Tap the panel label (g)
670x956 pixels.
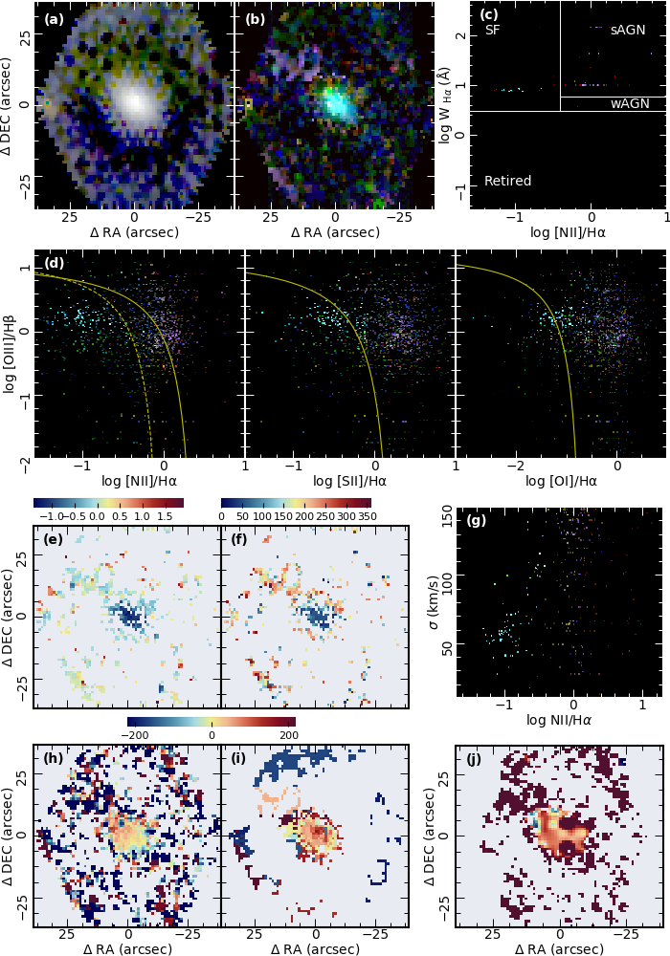476,521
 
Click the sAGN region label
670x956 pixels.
627,31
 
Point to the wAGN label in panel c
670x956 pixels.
628,103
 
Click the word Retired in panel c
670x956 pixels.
507,181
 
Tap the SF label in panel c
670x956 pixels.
492,31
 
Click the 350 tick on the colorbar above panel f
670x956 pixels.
363,516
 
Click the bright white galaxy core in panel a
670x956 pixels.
134,100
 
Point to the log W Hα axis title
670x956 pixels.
447,105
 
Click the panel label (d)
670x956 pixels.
54,263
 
